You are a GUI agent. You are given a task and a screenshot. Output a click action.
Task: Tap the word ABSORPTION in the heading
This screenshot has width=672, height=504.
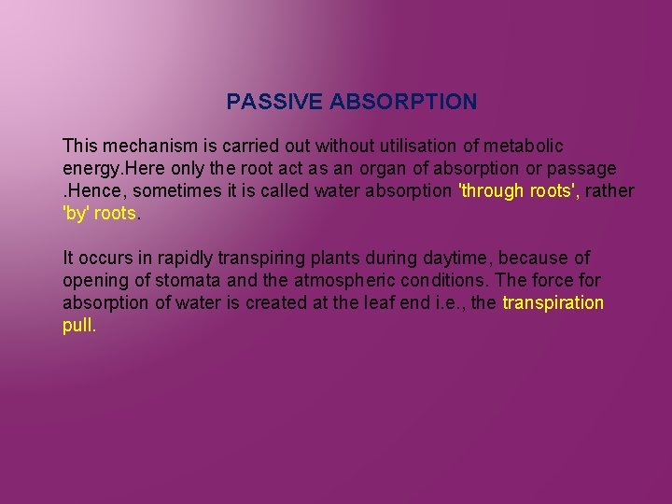click(x=402, y=102)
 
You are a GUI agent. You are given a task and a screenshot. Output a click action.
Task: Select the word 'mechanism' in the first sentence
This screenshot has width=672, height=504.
click(x=143, y=147)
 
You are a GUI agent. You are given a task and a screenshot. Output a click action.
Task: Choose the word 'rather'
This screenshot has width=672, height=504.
click(x=610, y=191)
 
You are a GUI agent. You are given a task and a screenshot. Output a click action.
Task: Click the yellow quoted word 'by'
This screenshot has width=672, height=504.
click(x=76, y=214)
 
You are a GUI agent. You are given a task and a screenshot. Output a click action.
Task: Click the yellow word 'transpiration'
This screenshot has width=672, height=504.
click(x=553, y=303)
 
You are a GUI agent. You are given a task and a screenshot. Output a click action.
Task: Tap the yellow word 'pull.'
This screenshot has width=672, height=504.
click(x=79, y=326)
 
